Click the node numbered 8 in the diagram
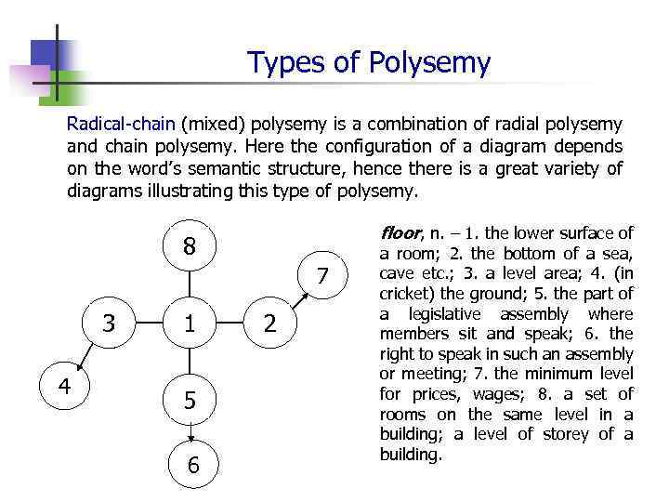(x=190, y=246)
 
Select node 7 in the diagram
(x=322, y=276)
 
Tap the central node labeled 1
(x=190, y=324)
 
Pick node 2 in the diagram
(x=269, y=324)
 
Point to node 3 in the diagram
(x=110, y=324)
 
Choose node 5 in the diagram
(x=190, y=401)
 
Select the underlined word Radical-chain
(x=122, y=124)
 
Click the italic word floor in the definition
(x=400, y=233)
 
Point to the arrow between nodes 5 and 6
(x=190, y=431)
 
